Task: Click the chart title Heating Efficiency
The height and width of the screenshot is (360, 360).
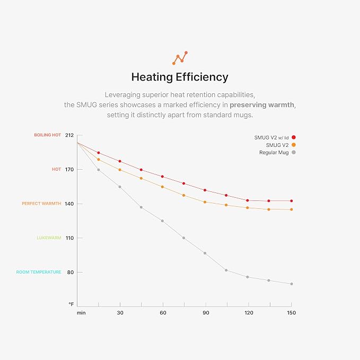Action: pyautogui.click(x=180, y=77)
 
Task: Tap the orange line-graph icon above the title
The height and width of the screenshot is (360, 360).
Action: pyautogui.click(x=180, y=58)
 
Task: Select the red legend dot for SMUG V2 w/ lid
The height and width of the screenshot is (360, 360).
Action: pyautogui.click(x=293, y=137)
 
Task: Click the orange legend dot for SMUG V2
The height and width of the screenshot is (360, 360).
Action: pyautogui.click(x=293, y=145)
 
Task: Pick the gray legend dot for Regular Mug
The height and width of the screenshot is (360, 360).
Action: pyautogui.click(x=293, y=152)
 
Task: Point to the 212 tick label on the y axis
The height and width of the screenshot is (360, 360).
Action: pyautogui.click(x=69, y=135)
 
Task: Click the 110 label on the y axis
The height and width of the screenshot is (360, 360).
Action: pyautogui.click(x=69, y=238)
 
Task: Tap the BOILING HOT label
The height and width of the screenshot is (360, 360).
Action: pyautogui.click(x=48, y=135)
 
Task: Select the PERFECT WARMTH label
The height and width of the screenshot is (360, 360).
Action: pyautogui.click(x=41, y=204)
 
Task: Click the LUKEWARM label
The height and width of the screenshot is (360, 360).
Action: pyautogui.click(x=49, y=238)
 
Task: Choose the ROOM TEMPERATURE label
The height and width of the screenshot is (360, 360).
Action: pyautogui.click(x=39, y=272)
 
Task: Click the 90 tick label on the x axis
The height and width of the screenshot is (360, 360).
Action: pyautogui.click(x=206, y=313)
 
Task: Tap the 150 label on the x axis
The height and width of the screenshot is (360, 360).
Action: pyautogui.click(x=292, y=313)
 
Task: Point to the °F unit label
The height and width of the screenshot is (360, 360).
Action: pyautogui.click(x=71, y=304)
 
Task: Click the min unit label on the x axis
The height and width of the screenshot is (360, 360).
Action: pyautogui.click(x=81, y=313)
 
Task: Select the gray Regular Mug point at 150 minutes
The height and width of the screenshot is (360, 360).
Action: pyautogui.click(x=292, y=284)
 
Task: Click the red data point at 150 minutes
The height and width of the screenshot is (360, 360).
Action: pyautogui.click(x=292, y=201)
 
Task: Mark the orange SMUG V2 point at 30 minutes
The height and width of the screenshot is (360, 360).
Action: pyautogui.click(x=120, y=170)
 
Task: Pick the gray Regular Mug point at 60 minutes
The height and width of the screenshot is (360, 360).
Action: pyautogui.click(x=162, y=221)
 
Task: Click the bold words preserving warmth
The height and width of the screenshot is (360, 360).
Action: pyautogui.click(x=262, y=105)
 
